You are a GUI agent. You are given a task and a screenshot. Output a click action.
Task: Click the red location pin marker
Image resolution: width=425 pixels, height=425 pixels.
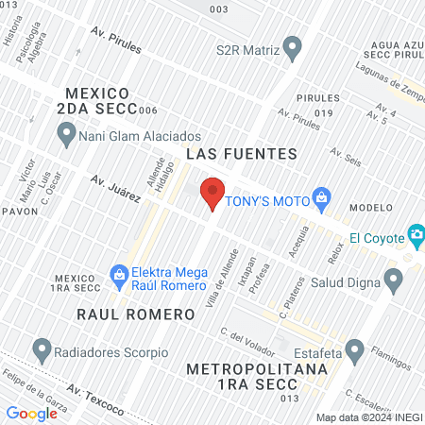[x=212, y=192]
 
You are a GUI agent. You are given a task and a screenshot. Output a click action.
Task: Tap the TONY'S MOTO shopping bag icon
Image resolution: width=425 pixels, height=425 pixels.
[x=322, y=196]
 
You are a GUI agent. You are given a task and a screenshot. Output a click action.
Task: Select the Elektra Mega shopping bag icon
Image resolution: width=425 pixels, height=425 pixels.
[x=119, y=276]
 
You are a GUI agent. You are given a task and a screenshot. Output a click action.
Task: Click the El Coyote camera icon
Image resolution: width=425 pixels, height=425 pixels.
[x=415, y=234]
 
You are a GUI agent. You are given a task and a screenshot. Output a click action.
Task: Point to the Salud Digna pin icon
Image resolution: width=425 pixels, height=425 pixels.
[x=394, y=278]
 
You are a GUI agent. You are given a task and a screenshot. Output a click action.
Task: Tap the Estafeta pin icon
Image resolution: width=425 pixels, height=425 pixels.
[x=355, y=351]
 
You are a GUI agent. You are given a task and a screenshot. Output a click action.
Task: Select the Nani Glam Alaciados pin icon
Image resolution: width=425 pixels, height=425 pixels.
[x=66, y=136]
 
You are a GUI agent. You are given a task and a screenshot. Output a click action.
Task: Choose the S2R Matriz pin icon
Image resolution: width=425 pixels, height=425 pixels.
[x=293, y=45]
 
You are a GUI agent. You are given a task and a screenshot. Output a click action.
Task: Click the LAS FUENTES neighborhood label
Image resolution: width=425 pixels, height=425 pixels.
[x=242, y=153]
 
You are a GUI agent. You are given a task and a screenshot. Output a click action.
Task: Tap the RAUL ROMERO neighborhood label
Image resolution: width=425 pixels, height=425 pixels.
[x=122, y=312]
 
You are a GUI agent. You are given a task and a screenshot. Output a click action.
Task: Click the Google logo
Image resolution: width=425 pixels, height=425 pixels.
[x=31, y=413]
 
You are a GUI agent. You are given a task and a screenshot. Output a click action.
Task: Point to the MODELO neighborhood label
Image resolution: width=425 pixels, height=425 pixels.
[x=370, y=208]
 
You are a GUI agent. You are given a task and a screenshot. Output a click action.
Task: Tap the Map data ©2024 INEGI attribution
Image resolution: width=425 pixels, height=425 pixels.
[x=368, y=416]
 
